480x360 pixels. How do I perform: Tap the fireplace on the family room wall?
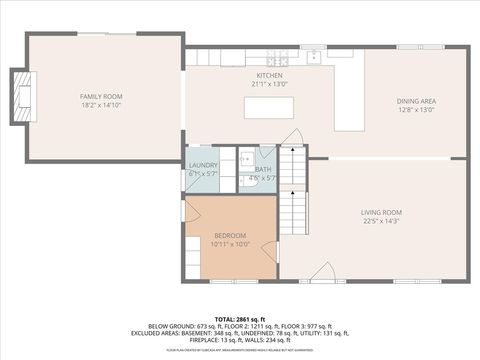pos(21,96)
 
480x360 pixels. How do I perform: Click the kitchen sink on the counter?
pos(314,57)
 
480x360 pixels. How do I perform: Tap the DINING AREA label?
pos(415,101)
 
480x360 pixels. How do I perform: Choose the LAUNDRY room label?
pos(203,165)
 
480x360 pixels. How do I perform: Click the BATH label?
pos(262,169)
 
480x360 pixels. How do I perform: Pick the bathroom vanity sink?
pos(246,157)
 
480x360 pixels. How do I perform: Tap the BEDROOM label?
pos(229,235)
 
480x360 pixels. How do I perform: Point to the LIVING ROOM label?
pos(381,212)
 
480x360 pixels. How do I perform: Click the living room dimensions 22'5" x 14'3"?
pos(381,221)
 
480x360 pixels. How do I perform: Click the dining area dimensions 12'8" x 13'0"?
pos(415,110)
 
